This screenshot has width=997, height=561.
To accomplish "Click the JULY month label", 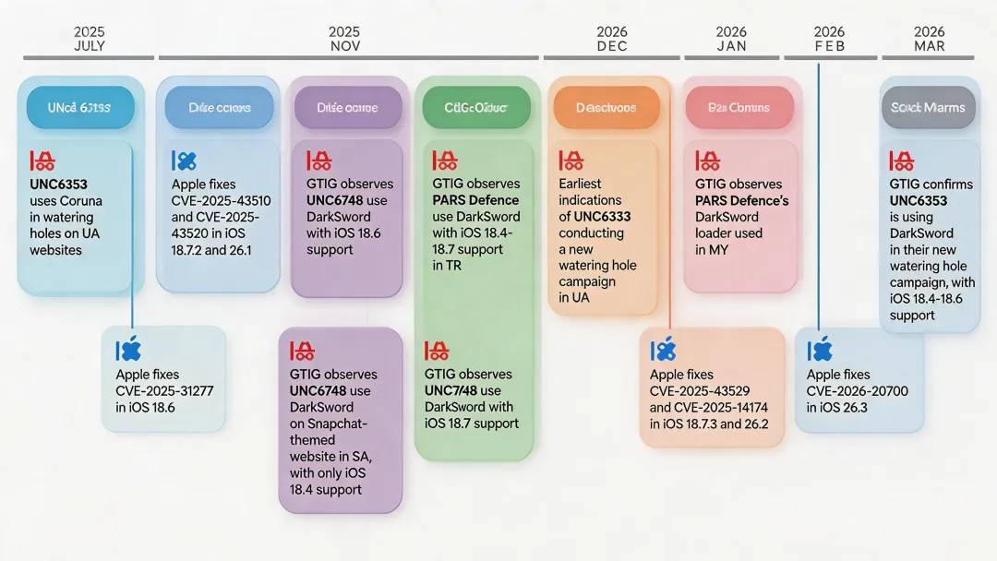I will (x=90, y=46).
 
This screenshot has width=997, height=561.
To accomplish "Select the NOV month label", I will (x=344, y=46).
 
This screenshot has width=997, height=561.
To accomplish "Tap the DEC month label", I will (x=612, y=46).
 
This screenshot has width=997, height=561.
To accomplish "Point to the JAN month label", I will (x=731, y=46).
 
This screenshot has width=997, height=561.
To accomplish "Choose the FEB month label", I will (x=829, y=46).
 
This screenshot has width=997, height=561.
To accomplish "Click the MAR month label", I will (x=929, y=46).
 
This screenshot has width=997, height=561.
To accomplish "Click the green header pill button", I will (x=476, y=108).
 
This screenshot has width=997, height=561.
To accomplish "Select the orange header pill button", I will (x=606, y=108).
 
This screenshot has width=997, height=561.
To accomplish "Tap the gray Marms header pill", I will (x=928, y=108).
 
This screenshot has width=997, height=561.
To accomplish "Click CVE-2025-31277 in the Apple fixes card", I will (x=164, y=391).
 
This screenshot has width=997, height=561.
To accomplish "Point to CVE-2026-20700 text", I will (x=858, y=391).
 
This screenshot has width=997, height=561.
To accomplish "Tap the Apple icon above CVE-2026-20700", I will (x=820, y=351).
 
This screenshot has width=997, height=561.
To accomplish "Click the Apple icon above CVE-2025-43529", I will (x=663, y=351).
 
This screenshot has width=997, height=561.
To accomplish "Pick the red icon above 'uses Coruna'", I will (x=42, y=161).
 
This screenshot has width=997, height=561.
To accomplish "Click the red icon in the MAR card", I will (x=902, y=161).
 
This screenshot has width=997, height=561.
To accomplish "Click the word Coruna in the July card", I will (x=81, y=200).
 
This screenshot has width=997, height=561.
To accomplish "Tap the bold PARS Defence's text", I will (x=741, y=200).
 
